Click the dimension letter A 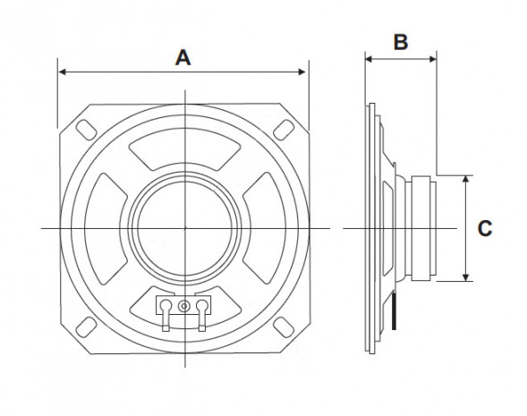click(183, 57)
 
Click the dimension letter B click(401, 40)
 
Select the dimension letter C click(484, 229)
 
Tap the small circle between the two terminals click(184, 306)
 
